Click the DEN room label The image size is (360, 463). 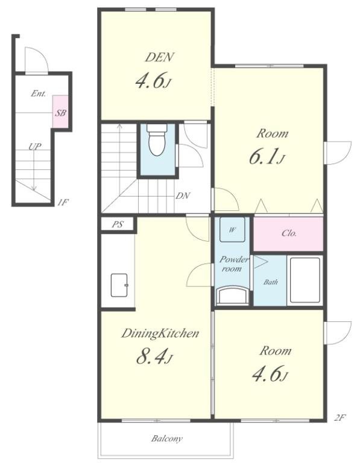point(159,57)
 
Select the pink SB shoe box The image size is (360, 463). point(60,112)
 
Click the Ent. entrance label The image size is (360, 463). point(39,93)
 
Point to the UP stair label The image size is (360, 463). point(35,146)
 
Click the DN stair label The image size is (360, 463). point(183,195)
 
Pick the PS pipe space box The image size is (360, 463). point(118,224)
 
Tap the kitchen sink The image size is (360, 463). point(119,285)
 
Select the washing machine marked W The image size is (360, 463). point(232,230)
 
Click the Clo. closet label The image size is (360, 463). point(289,233)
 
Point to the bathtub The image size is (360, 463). point(305,280)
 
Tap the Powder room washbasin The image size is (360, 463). point(233,295)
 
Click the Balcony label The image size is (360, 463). point(167,439)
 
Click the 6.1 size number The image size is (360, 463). point(267,157)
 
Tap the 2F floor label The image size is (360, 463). point(340,418)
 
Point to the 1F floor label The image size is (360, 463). point(63,203)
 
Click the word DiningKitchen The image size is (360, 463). point(160,333)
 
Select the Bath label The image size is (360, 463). point(271,282)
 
